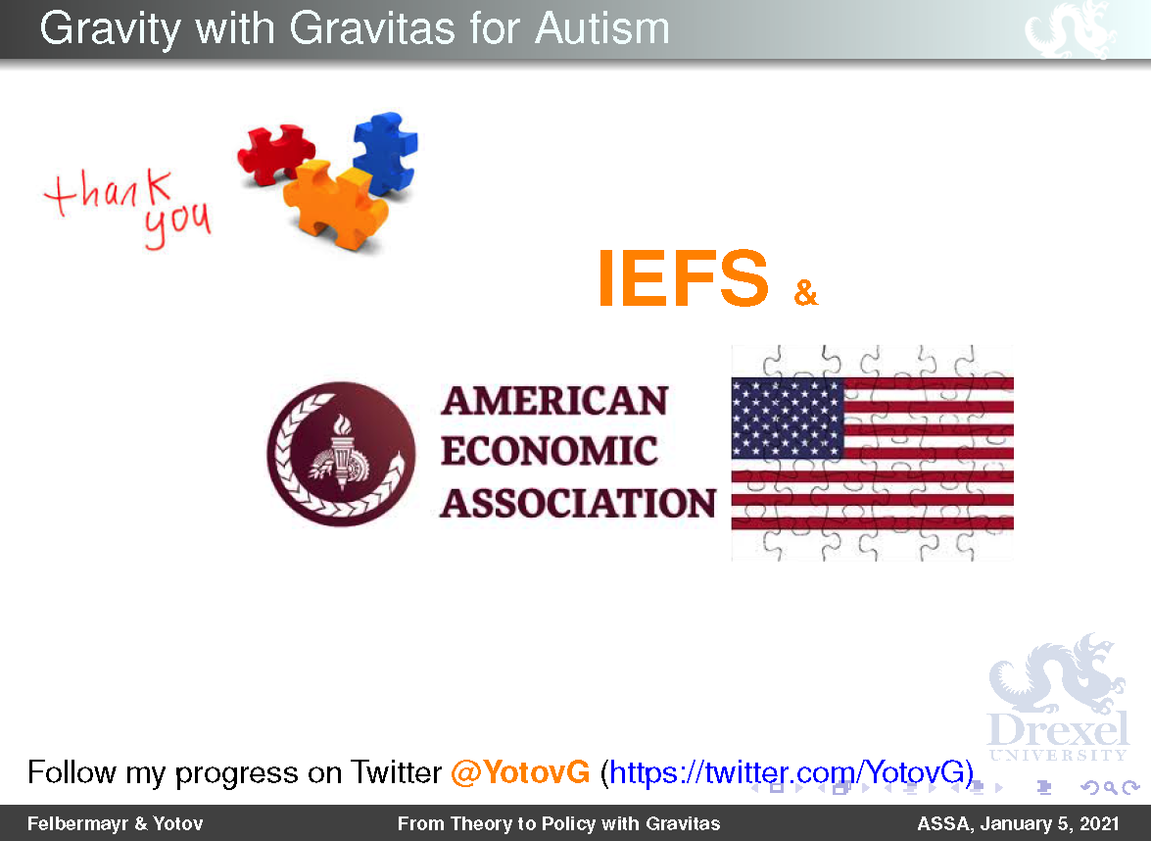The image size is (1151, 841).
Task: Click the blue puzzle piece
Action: point(385,153)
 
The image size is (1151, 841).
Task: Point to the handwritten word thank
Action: point(109,191)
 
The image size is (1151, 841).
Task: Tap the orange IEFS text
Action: point(683,278)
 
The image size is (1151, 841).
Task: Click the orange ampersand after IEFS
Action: point(805,292)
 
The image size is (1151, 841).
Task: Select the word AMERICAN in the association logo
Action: point(555,401)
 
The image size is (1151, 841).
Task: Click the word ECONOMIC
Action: point(550,451)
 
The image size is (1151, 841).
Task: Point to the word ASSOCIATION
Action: point(578,503)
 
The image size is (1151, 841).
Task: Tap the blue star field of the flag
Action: point(788,418)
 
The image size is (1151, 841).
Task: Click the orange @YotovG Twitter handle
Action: point(520,772)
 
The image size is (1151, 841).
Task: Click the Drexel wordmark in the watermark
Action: point(1058,730)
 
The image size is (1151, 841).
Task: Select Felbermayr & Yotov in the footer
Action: point(116,824)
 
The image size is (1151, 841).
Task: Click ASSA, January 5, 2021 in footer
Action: point(1018,824)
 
